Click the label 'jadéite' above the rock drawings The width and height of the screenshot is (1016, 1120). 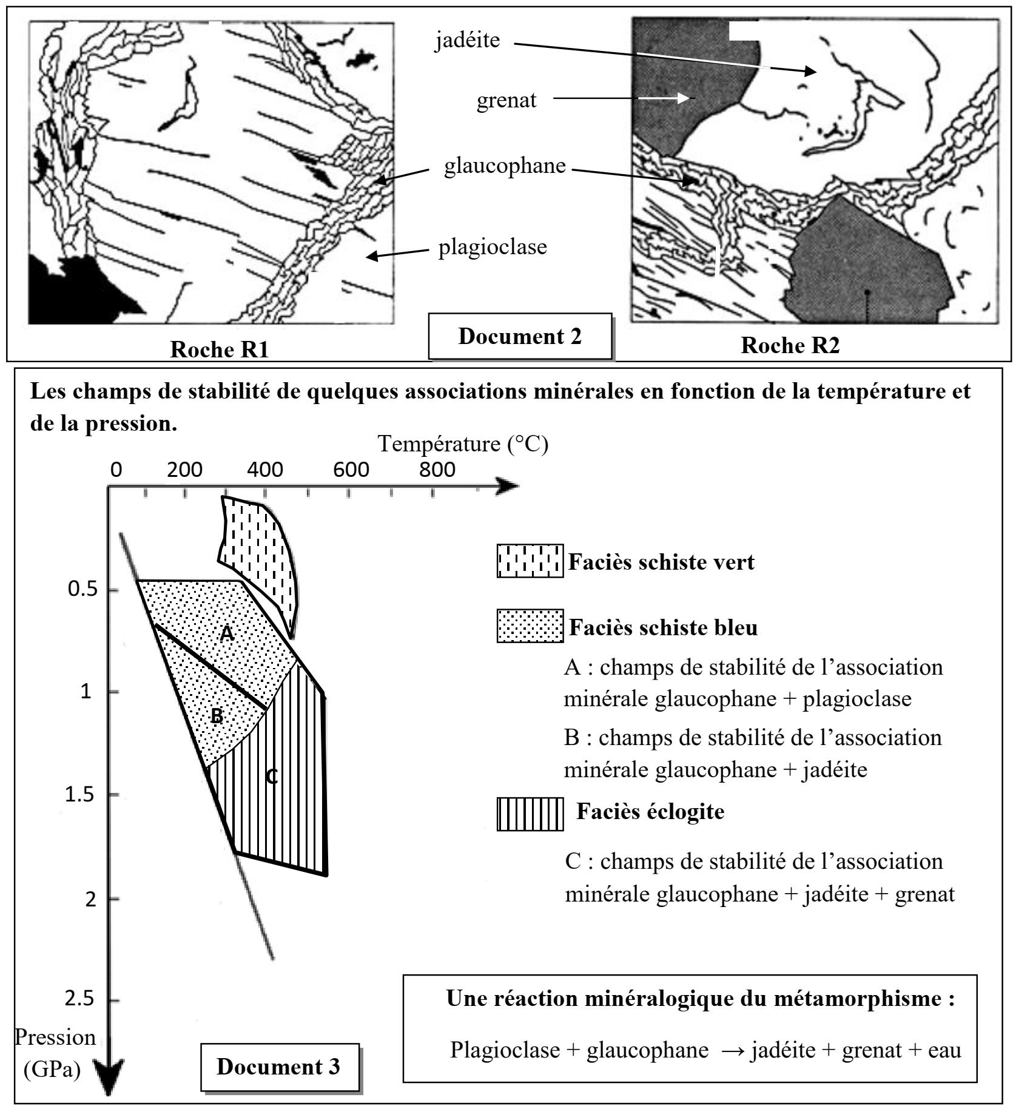tap(468, 41)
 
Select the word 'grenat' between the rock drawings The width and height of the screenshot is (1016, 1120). tap(506, 100)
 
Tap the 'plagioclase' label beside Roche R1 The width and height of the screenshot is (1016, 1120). tap(493, 247)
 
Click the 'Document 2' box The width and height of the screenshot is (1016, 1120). tap(520, 336)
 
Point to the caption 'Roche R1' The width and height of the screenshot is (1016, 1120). tap(219, 349)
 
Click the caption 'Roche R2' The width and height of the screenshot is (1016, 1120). tap(790, 345)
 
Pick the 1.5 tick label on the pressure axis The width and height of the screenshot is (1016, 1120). tap(79, 794)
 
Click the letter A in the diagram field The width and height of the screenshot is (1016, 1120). tap(226, 634)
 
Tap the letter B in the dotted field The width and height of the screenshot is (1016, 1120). tap(217, 717)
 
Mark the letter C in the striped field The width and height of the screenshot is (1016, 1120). tap(272, 776)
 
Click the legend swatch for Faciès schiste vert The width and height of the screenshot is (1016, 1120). tap(530, 561)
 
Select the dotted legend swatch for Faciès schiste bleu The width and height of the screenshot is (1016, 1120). tap(530, 626)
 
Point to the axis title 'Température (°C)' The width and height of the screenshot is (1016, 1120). tap(463, 444)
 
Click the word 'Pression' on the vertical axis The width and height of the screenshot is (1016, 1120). tap(55, 1037)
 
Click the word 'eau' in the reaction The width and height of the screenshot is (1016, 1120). tap(943, 1050)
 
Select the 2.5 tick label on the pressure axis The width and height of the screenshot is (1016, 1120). tap(79, 999)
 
